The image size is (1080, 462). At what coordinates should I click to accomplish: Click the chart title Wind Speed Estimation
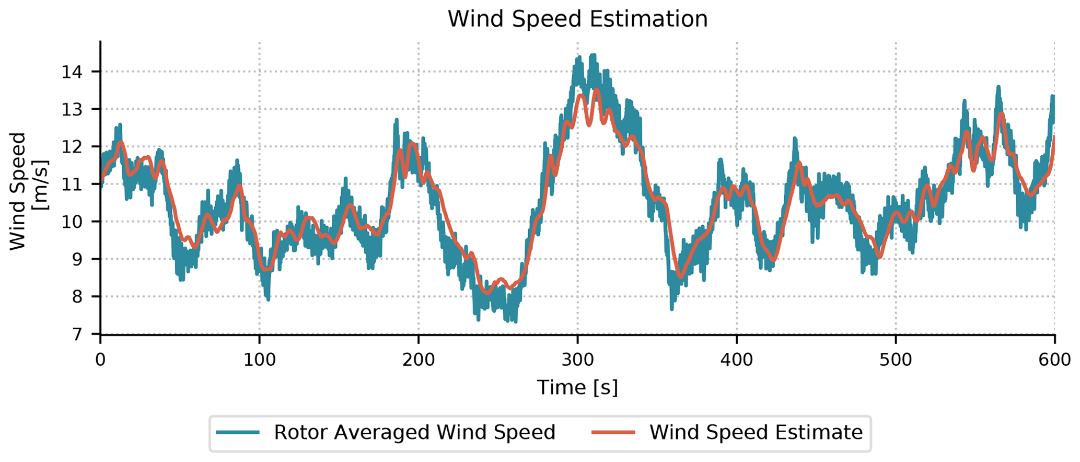coord(577,19)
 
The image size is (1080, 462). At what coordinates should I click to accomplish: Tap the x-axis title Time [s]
coord(577,388)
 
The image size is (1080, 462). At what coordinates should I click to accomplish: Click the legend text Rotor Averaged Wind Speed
coord(414,433)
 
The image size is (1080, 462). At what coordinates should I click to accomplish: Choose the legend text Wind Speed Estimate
coord(756,433)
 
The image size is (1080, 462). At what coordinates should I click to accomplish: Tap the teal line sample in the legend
coord(238,433)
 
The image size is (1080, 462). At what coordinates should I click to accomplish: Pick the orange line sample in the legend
coord(613,433)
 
